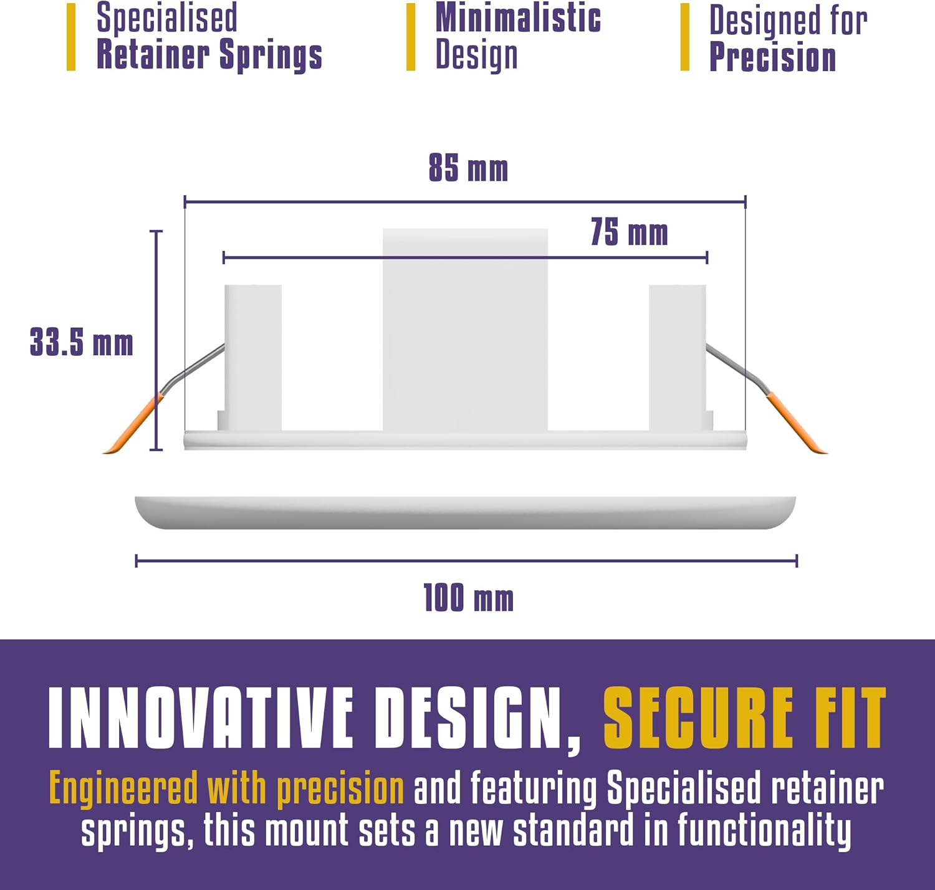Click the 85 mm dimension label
469,168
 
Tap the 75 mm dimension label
629,232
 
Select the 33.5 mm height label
81,342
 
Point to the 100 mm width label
469,598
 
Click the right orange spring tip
797,424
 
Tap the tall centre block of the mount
465,330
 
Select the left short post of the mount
253,358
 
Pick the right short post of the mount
677,358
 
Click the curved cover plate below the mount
465,513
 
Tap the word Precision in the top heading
772,57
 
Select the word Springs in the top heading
271,55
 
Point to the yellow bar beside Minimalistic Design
411,37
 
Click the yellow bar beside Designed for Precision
685,37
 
